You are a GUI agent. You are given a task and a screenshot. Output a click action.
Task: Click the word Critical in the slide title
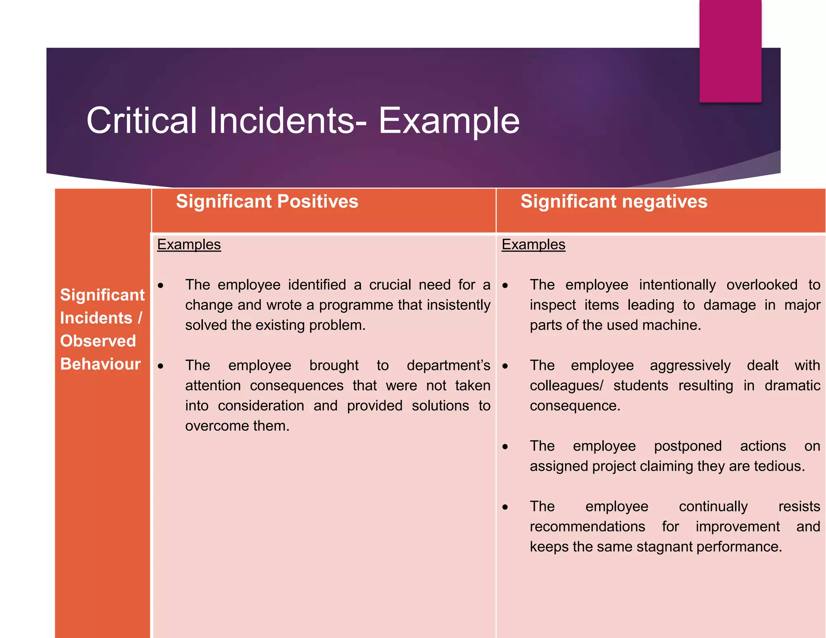pos(141,121)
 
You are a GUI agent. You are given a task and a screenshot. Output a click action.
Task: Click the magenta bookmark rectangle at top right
pos(730,50)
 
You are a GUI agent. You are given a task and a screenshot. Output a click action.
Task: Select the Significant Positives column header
pos(267,201)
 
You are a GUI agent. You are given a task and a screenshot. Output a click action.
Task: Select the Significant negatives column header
pos(613,201)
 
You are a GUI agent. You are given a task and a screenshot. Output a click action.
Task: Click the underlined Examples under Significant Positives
pos(189,244)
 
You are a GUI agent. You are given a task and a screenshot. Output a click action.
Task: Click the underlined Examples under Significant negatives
pos(533,244)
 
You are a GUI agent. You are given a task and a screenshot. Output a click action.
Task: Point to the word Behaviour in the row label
pos(100,364)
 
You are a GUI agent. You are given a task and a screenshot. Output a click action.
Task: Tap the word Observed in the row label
pos(98,341)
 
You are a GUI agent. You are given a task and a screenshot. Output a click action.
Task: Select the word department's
pos(448,365)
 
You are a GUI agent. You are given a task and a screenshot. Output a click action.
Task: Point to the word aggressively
pos(690,365)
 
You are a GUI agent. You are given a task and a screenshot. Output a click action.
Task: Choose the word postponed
pos(688,446)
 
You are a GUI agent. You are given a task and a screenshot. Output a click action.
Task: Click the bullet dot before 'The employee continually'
pos(505,507)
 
